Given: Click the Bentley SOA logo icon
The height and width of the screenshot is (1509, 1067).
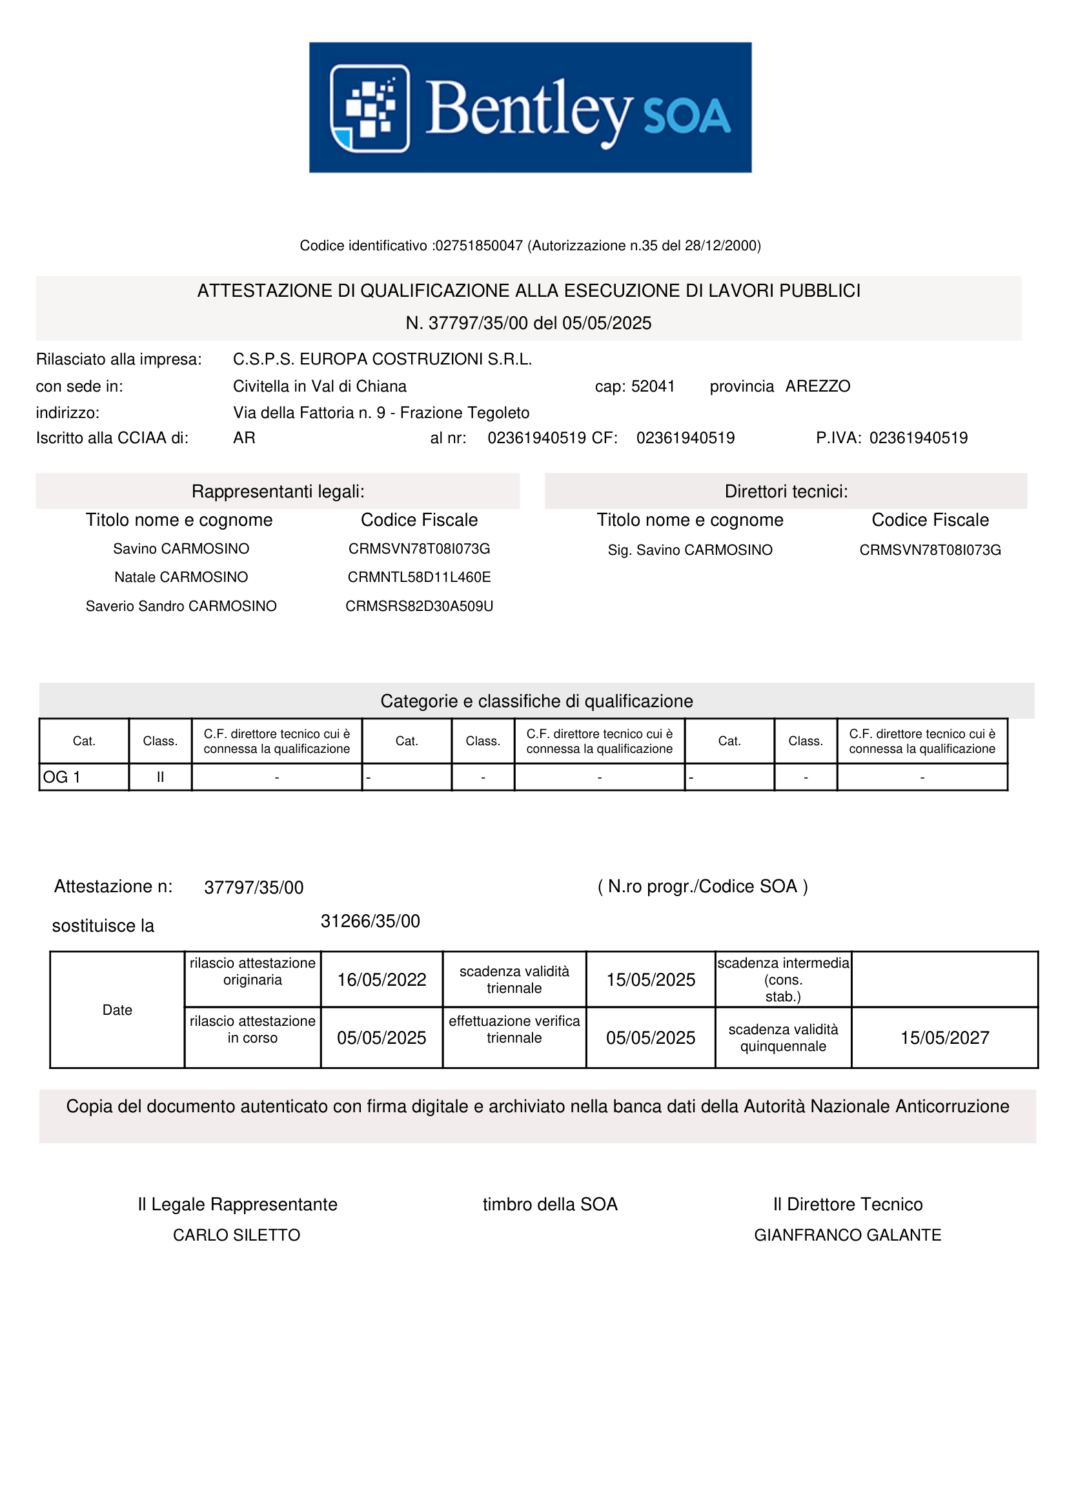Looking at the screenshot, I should pos(369,108).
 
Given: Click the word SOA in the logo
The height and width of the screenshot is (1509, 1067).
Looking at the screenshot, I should pos(686,116).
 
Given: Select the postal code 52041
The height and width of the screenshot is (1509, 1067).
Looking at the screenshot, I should pos(653,386).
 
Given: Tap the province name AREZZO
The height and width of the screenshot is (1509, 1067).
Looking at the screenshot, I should pos(817,386).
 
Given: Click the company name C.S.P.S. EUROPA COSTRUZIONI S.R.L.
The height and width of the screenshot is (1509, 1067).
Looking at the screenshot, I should pos(382,359).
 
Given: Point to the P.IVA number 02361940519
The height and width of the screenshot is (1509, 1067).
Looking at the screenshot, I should pos(918,437).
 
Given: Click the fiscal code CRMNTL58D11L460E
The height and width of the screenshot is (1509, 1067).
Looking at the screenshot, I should pos(419,577).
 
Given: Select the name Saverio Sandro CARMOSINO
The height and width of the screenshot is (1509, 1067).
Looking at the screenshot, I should pos(181,606).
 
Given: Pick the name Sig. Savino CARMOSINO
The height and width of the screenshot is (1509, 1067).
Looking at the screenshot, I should pos(689,550).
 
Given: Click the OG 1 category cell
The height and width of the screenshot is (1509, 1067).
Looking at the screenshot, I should pos(83,777).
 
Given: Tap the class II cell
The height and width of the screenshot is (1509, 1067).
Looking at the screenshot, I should pos(159,777).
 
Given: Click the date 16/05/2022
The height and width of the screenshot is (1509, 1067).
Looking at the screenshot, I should pos(381,980).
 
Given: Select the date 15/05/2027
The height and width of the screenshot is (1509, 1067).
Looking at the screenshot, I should pos(944,1038).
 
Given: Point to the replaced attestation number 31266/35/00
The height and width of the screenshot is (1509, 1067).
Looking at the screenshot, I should pos(370,921).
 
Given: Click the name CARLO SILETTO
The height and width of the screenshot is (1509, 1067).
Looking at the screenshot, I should pos(236,1235).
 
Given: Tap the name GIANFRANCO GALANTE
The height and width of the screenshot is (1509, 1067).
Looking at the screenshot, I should pos(848,1235).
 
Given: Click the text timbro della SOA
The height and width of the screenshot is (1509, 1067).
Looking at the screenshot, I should pos(549,1204).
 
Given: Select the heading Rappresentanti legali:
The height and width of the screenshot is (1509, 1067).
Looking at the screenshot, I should pos(278,492).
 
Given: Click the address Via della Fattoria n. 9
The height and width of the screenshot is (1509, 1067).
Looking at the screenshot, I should pos(309,413).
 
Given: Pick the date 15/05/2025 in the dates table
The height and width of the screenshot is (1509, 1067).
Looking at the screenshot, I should pos(650,980).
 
